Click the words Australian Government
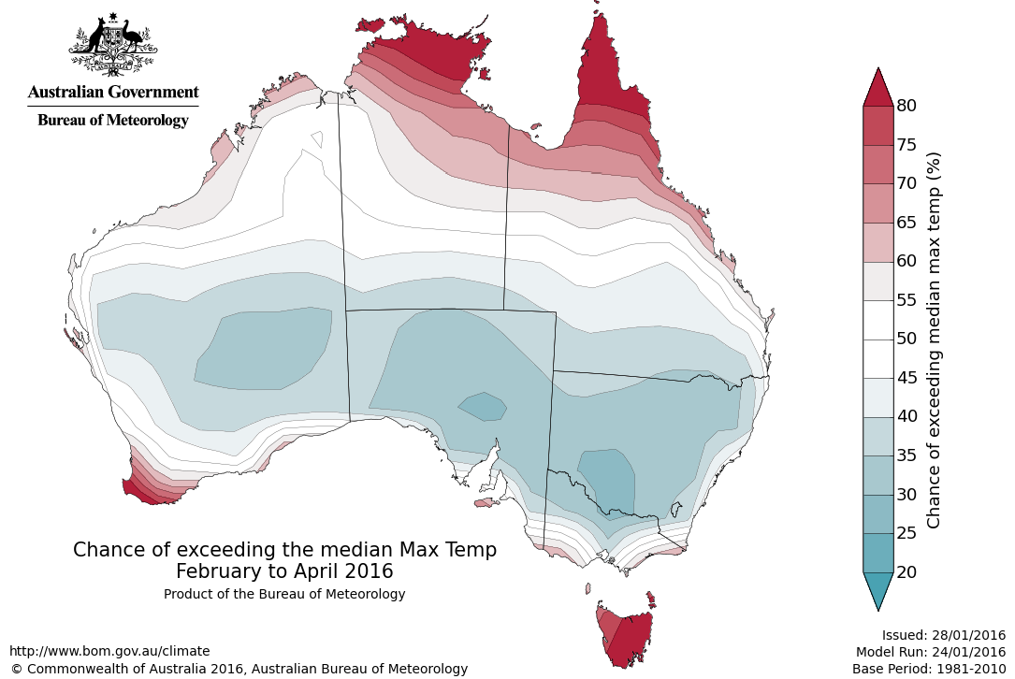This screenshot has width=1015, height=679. (x=113, y=92)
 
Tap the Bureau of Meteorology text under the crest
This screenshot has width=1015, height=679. (x=113, y=120)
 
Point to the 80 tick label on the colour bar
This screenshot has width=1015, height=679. (x=906, y=106)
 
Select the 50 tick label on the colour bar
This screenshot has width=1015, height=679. (x=906, y=339)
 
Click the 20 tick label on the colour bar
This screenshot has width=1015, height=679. (x=906, y=571)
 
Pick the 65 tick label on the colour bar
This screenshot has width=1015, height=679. (x=906, y=223)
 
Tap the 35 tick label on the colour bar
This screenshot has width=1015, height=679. (x=906, y=455)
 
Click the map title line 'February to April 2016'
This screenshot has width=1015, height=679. (x=284, y=571)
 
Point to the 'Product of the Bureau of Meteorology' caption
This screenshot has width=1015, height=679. (x=284, y=594)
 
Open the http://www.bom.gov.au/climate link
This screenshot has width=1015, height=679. (x=109, y=651)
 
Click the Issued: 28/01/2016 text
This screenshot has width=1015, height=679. (x=943, y=634)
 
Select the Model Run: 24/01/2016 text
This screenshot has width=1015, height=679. (x=930, y=652)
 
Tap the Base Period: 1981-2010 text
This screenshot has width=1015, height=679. (x=928, y=669)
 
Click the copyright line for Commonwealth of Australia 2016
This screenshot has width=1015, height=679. (x=239, y=669)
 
